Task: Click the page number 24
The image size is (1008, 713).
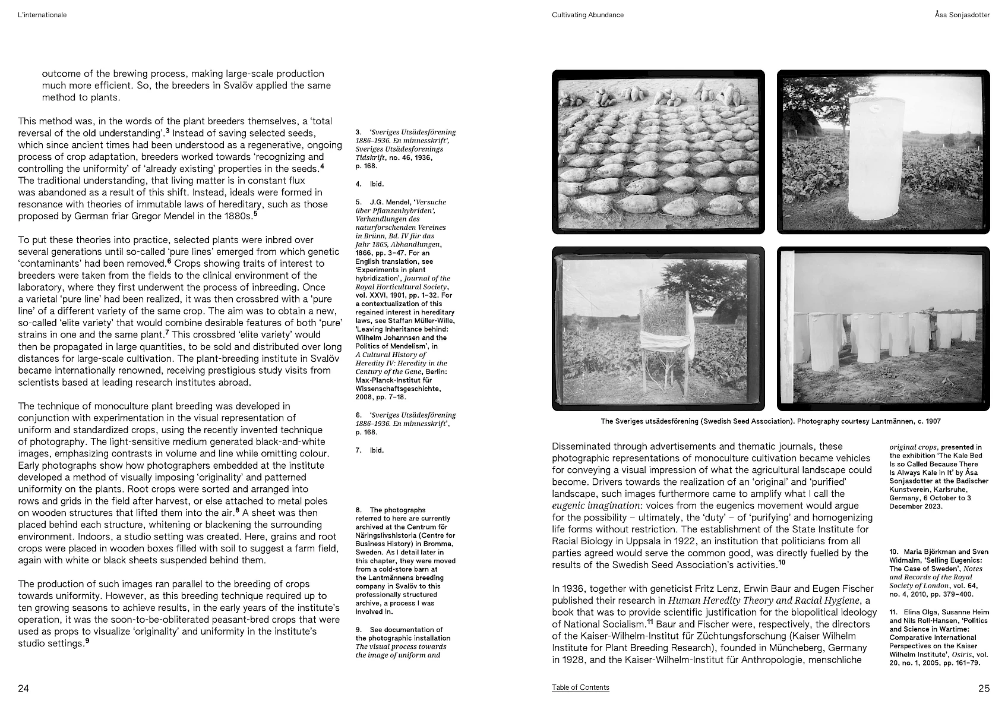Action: point(24,689)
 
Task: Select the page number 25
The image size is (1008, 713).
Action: point(984,689)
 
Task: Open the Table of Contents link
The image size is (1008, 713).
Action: point(580,687)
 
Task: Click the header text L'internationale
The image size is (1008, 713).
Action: point(42,15)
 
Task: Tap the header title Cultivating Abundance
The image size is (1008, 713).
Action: point(587,15)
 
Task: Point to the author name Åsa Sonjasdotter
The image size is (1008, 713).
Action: point(962,15)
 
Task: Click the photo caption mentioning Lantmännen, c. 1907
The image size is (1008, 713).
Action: point(770,421)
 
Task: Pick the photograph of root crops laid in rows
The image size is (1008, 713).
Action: point(658,152)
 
